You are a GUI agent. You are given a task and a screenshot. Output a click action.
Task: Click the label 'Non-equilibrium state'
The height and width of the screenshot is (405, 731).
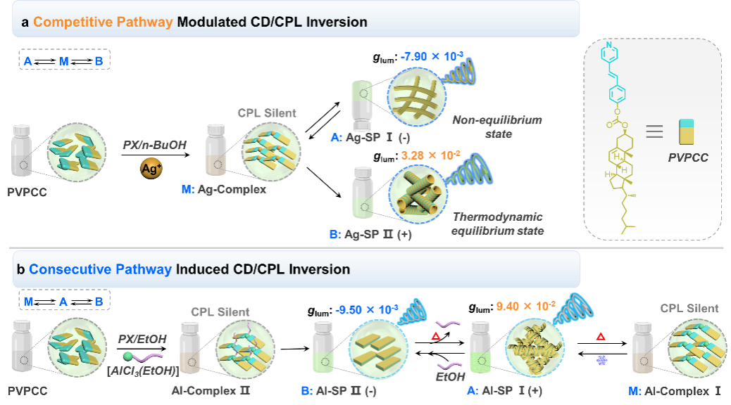pyautogui.click(x=497, y=127)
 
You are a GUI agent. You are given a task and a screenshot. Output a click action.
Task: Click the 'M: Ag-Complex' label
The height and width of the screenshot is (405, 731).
pyautogui.click(x=223, y=190)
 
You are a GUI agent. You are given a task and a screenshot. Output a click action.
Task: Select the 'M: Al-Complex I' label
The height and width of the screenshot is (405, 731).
pyautogui.click(x=675, y=390)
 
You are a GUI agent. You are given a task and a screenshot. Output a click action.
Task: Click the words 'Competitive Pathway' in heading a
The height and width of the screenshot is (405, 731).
pyautogui.click(x=103, y=22)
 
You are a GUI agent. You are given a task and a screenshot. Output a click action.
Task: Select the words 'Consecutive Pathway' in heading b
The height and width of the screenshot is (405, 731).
pyautogui.click(x=101, y=269)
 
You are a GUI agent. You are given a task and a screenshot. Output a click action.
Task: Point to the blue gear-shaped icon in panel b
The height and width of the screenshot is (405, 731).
pyautogui.click(x=601, y=360)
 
